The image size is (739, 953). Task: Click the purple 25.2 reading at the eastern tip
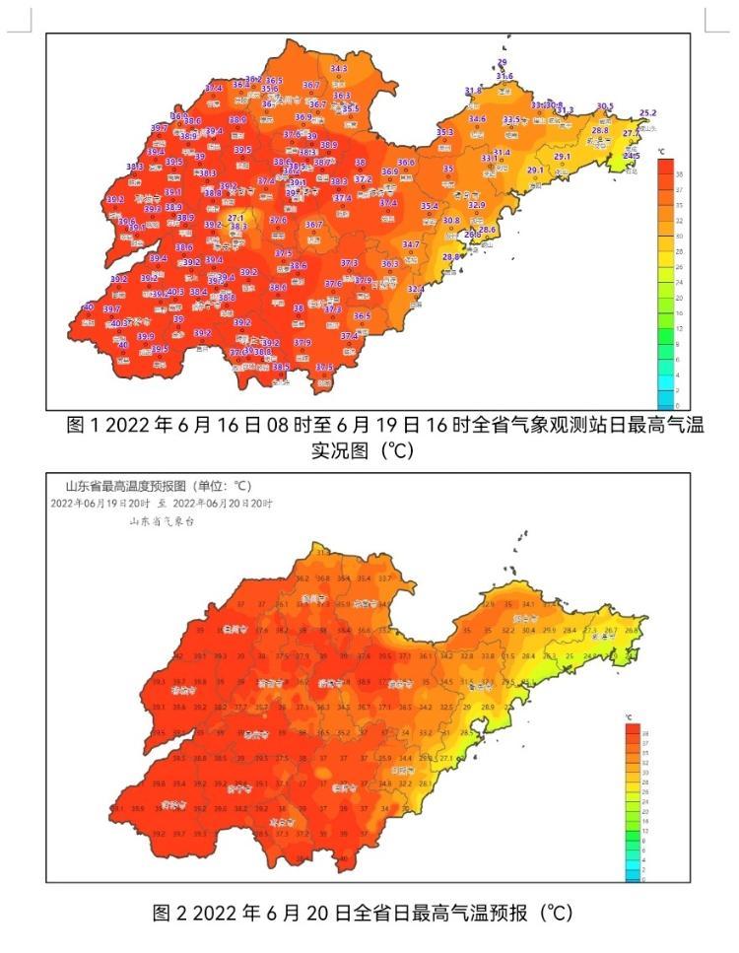pyautogui.click(x=647, y=113)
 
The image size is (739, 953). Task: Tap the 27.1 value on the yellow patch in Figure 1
pyautogui.click(x=235, y=218)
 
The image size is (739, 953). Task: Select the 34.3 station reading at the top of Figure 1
pyautogui.click(x=339, y=69)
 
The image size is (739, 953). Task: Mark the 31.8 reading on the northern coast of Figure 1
pyautogui.click(x=473, y=91)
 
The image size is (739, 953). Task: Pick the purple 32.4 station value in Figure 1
pyautogui.click(x=416, y=289)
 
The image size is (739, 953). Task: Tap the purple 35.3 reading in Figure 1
pyautogui.click(x=444, y=132)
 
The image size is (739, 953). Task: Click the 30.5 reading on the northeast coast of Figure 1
pyautogui.click(x=604, y=106)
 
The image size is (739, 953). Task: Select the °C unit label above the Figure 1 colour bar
pyautogui.click(x=663, y=152)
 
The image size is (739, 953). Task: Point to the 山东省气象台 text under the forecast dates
pyautogui.click(x=162, y=521)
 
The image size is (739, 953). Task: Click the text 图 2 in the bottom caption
pyautogui.click(x=168, y=914)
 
